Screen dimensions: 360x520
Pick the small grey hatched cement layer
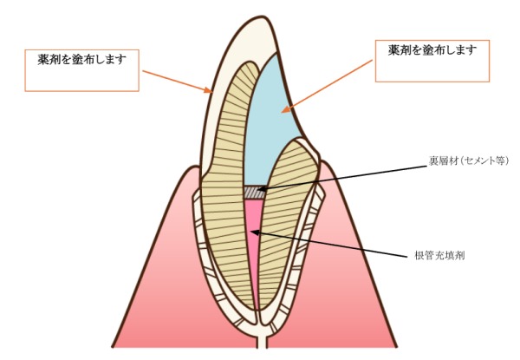(253, 191)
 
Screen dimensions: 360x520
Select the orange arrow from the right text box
(329, 82)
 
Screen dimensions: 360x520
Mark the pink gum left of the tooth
(156, 260)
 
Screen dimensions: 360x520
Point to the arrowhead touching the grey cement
(258, 190)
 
